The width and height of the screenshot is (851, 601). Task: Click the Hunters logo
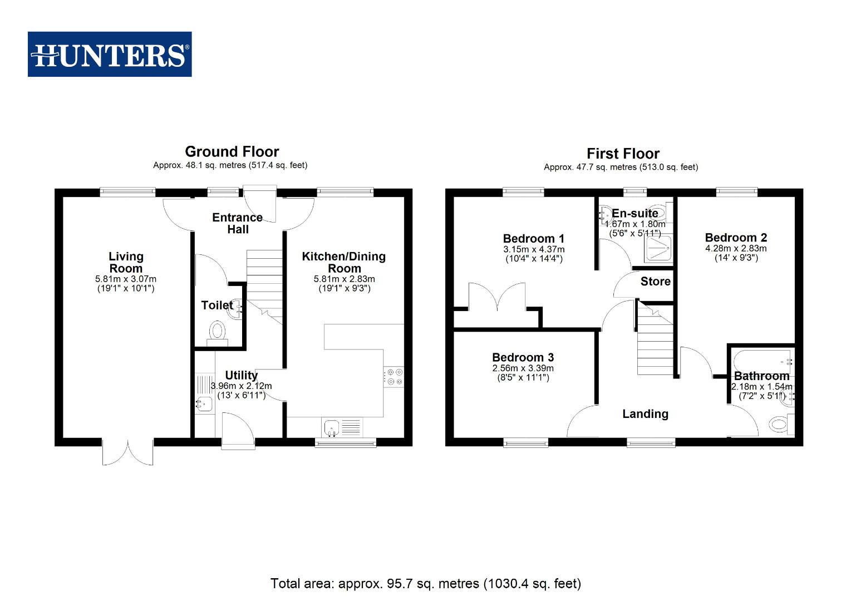[110, 54]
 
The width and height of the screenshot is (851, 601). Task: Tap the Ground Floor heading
[232, 151]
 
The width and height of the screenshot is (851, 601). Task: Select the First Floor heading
[623, 154]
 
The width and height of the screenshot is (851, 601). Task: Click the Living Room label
[126, 262]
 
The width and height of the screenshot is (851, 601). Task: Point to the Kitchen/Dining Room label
[343, 262]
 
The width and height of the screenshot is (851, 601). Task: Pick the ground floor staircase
[265, 284]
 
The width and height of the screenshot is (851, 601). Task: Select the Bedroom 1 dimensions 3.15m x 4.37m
[533, 249]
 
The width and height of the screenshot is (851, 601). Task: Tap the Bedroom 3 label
[523, 357]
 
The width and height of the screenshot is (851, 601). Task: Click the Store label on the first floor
[655, 281]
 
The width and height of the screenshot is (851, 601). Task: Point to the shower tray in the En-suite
[658, 248]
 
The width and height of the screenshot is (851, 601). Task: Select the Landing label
[645, 413]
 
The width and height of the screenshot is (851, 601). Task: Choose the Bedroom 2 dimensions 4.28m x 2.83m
[736, 248]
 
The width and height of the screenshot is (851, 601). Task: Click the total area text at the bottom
[425, 583]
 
